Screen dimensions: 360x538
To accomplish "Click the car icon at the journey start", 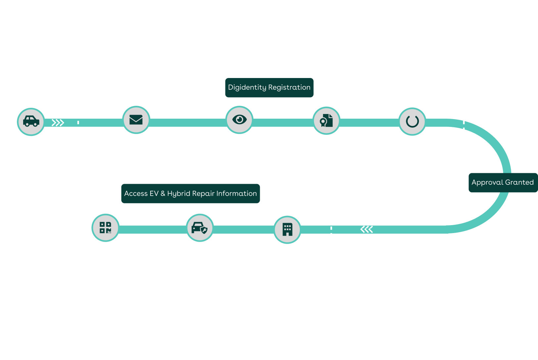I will tap(31, 121).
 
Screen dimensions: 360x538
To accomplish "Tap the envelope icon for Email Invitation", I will tap(136, 120).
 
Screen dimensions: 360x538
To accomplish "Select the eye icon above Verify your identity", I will tap(239, 119).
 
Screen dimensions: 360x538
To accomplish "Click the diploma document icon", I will tap(326, 121).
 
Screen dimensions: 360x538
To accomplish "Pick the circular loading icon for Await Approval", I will tap(412, 121).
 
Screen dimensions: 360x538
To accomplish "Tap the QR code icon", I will tap(105, 227).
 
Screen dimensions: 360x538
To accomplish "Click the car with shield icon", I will tap(200, 228).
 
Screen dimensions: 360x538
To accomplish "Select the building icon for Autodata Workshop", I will tap(287, 229).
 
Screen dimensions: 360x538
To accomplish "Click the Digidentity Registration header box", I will tap(269, 88).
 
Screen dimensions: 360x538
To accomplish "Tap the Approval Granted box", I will tap(503, 182).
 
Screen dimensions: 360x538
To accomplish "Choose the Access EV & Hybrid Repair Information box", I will tap(190, 194).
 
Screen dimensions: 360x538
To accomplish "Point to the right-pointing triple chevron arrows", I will tap(58, 123).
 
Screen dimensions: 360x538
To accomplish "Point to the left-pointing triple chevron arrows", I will tap(367, 229).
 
